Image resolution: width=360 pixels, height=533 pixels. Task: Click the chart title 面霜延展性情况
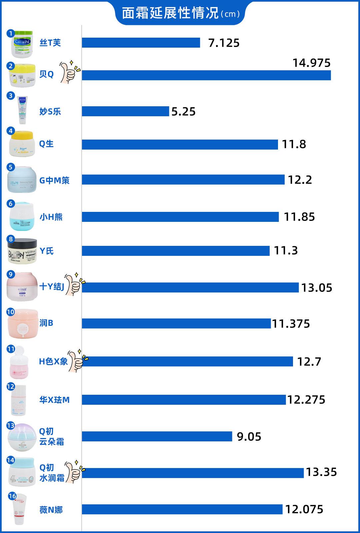pos(170,13)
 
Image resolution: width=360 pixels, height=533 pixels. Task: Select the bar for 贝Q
pos(206,75)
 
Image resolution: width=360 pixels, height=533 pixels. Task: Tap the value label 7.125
pos(224,43)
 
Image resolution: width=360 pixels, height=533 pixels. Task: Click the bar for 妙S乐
pos(125,111)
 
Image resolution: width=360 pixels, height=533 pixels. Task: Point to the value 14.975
pos(311,63)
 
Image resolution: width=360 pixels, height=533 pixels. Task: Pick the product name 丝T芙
pos(50,43)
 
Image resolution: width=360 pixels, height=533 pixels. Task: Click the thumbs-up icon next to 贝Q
pos(70,71)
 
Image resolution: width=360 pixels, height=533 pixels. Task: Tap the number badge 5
pos(11,167)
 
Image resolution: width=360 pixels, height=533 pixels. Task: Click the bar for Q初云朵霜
pos(157,436)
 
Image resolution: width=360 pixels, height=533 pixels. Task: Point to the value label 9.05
pos(249,437)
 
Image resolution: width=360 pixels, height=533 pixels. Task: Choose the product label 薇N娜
pos(51,510)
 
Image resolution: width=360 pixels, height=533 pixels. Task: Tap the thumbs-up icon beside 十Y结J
pos(74,284)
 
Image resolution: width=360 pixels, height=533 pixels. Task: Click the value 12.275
pos(306,400)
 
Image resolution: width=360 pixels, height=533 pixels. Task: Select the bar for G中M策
pos(183,180)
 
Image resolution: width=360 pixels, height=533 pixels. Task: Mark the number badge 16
pos(12,496)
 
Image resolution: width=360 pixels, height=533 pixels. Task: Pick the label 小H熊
pos(51,217)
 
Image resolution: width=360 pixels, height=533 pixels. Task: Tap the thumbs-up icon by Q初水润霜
pos(74,471)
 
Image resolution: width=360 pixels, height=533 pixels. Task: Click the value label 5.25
pos(183,112)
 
